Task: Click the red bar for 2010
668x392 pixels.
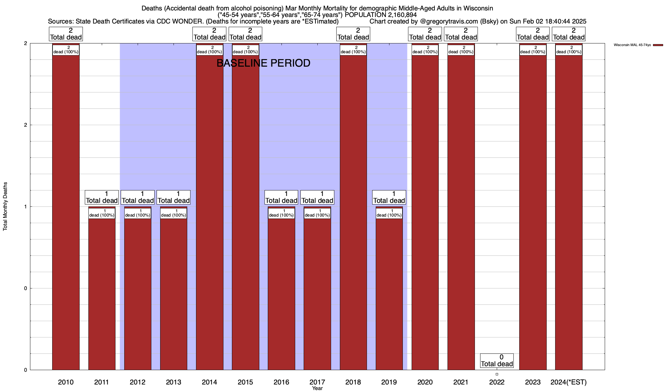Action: tap(66, 212)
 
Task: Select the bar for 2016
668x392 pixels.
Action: tap(281, 294)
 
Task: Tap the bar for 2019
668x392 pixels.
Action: tap(389, 294)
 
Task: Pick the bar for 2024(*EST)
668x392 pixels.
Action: tap(569, 212)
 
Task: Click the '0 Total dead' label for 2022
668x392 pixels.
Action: tap(497, 360)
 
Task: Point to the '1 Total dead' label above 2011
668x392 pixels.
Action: tap(102, 197)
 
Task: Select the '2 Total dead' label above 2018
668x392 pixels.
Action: tap(353, 34)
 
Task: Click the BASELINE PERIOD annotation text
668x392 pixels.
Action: tap(263, 63)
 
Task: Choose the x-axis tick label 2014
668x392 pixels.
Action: tap(209, 382)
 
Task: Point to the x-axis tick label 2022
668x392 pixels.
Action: tap(497, 382)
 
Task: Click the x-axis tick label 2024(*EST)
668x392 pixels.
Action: tap(569, 382)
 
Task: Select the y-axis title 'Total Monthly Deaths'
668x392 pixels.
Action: tap(5, 206)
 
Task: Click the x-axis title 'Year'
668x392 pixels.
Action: tap(317, 388)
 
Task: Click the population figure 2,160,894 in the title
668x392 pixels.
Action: tap(402, 15)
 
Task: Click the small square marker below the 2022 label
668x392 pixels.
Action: tap(497, 374)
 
